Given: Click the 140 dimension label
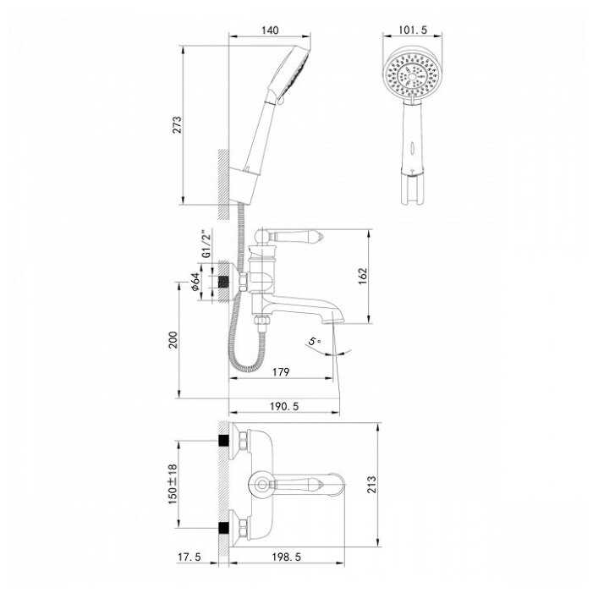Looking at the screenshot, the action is coord(270,30).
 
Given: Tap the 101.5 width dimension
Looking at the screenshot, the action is coord(413,30).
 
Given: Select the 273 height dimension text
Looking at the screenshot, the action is coord(177,125).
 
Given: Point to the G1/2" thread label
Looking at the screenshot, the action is coord(206,244).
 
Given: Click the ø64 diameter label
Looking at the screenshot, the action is coord(195,282).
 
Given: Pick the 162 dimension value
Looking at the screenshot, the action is coord(363,276).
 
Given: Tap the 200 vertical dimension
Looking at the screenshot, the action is coord(173,339).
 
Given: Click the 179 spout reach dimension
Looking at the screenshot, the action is coord(281,372).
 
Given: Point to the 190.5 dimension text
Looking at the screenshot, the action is coord(284,406).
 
